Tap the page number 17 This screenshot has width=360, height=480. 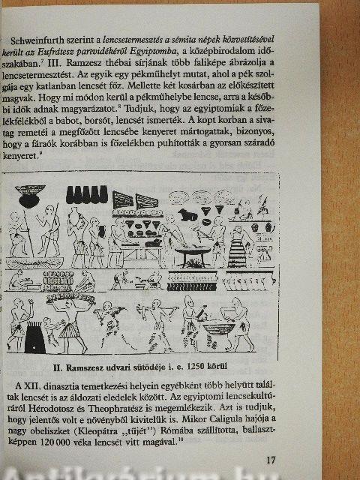271,460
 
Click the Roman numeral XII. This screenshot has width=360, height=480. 31,385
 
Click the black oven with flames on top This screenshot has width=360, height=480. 34,337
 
